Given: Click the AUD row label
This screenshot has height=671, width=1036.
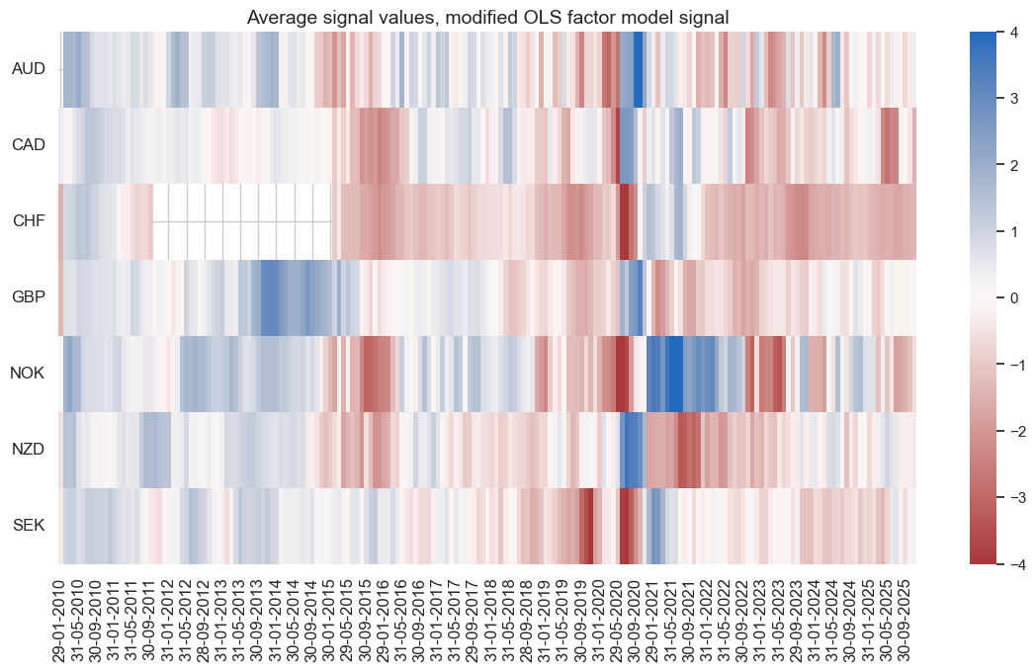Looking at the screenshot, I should pyautogui.click(x=29, y=69).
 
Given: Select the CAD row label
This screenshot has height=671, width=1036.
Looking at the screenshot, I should pyautogui.click(x=29, y=145).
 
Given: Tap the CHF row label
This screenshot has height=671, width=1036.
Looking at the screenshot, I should pyautogui.click(x=29, y=221).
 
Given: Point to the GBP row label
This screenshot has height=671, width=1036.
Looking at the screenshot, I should pyautogui.click(x=29, y=297).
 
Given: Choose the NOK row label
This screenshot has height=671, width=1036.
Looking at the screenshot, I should pyautogui.click(x=29, y=374).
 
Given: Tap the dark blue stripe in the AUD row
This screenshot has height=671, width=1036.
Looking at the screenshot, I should pyautogui.click(x=638, y=69).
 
